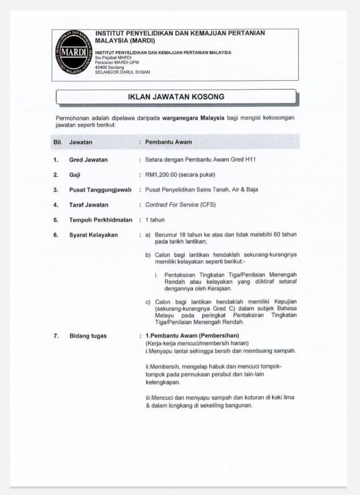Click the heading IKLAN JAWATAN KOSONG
(x=176, y=97)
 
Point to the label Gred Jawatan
(x=89, y=160)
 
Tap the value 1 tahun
(x=155, y=220)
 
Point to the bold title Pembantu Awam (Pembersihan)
(x=195, y=335)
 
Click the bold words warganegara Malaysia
(x=196, y=118)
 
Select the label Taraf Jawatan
(x=89, y=205)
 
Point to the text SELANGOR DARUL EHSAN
(x=123, y=73)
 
